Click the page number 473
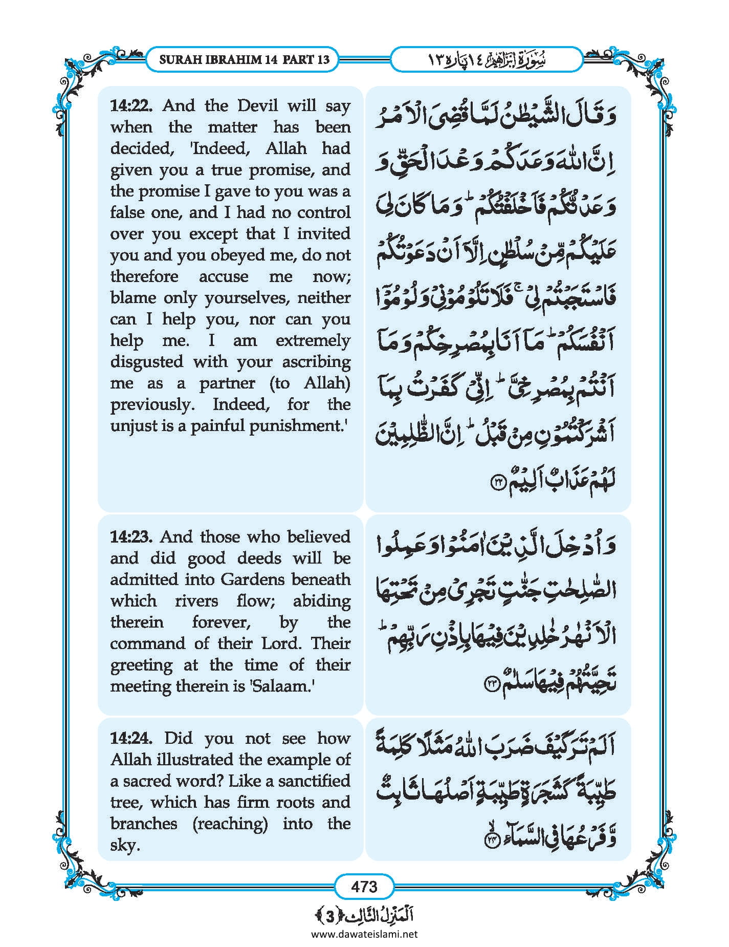(x=364, y=886)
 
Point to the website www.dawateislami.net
(x=364, y=934)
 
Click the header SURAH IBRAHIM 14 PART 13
(x=244, y=59)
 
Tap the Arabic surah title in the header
(x=486, y=60)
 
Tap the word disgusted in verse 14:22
(x=147, y=362)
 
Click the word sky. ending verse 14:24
(x=125, y=845)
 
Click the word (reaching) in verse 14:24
(x=230, y=824)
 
